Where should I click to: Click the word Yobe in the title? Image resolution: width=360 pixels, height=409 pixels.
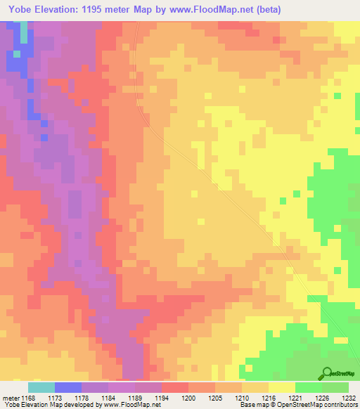coord(20,11)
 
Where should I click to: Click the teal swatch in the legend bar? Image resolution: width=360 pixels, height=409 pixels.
coord(41,387)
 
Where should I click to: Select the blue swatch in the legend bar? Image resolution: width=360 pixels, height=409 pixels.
coord(68,387)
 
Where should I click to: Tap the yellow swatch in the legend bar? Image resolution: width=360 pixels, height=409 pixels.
coord(282,387)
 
